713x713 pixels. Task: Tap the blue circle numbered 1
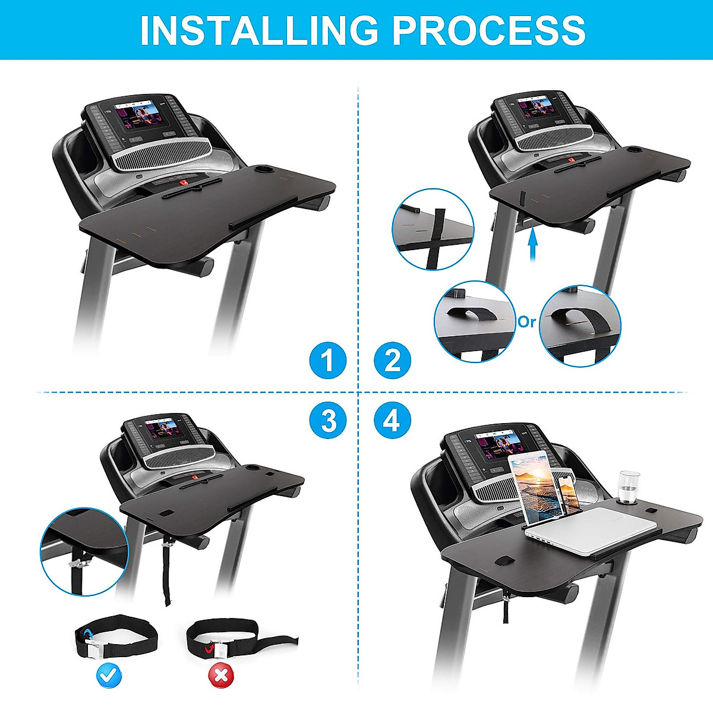click(x=327, y=360)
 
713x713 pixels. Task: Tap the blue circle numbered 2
click(x=392, y=360)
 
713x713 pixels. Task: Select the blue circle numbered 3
click(x=327, y=421)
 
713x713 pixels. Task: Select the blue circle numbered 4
click(x=392, y=421)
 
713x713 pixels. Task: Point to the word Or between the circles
click(x=526, y=322)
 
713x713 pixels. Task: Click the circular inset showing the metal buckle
click(x=84, y=550)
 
